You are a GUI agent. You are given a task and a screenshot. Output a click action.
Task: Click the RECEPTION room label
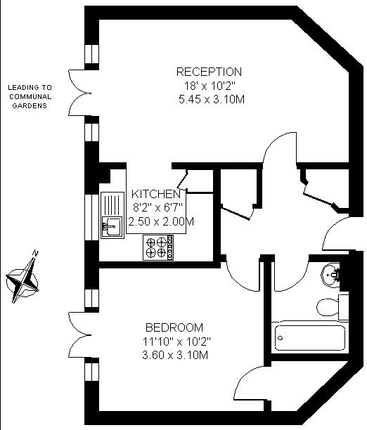pyautogui.click(x=209, y=72)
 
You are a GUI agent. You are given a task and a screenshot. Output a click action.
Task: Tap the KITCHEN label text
pyautogui.click(x=156, y=194)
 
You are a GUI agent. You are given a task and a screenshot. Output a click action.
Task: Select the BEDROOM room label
pyautogui.click(x=174, y=327)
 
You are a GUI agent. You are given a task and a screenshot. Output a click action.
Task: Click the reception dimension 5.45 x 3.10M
pyautogui.click(x=212, y=99)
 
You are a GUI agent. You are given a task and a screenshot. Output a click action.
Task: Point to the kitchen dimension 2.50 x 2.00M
pyautogui.click(x=161, y=221)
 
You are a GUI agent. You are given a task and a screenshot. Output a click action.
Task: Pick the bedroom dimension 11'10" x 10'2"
pyautogui.click(x=176, y=341)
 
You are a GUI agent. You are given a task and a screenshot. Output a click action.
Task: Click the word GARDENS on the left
pyautogui.click(x=30, y=105)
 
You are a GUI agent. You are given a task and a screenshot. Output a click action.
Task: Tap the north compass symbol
pyautogui.click(x=22, y=277)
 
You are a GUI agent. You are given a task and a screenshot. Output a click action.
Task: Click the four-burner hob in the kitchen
pyautogui.click(x=158, y=247)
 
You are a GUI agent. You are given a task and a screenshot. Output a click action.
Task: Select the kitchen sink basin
pyautogui.click(x=112, y=226)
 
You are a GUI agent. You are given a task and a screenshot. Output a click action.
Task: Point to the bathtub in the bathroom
pyautogui.click(x=310, y=337)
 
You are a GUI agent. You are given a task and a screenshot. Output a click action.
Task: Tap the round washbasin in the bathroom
pyautogui.click(x=331, y=275)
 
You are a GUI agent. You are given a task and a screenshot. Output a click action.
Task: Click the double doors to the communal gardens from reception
pyautogui.click(x=79, y=93)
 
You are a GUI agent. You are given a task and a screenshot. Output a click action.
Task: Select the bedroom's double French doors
pyautogui.click(x=79, y=334)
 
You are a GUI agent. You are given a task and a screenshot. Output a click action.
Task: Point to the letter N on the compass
pyautogui.click(x=35, y=253)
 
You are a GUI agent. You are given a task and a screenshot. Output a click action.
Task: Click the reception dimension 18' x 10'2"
pyautogui.click(x=210, y=86)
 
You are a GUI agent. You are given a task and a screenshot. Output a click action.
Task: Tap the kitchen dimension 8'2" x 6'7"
pyautogui.click(x=157, y=207)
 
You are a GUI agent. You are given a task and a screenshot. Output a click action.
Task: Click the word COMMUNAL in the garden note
pyautogui.click(x=30, y=96)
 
